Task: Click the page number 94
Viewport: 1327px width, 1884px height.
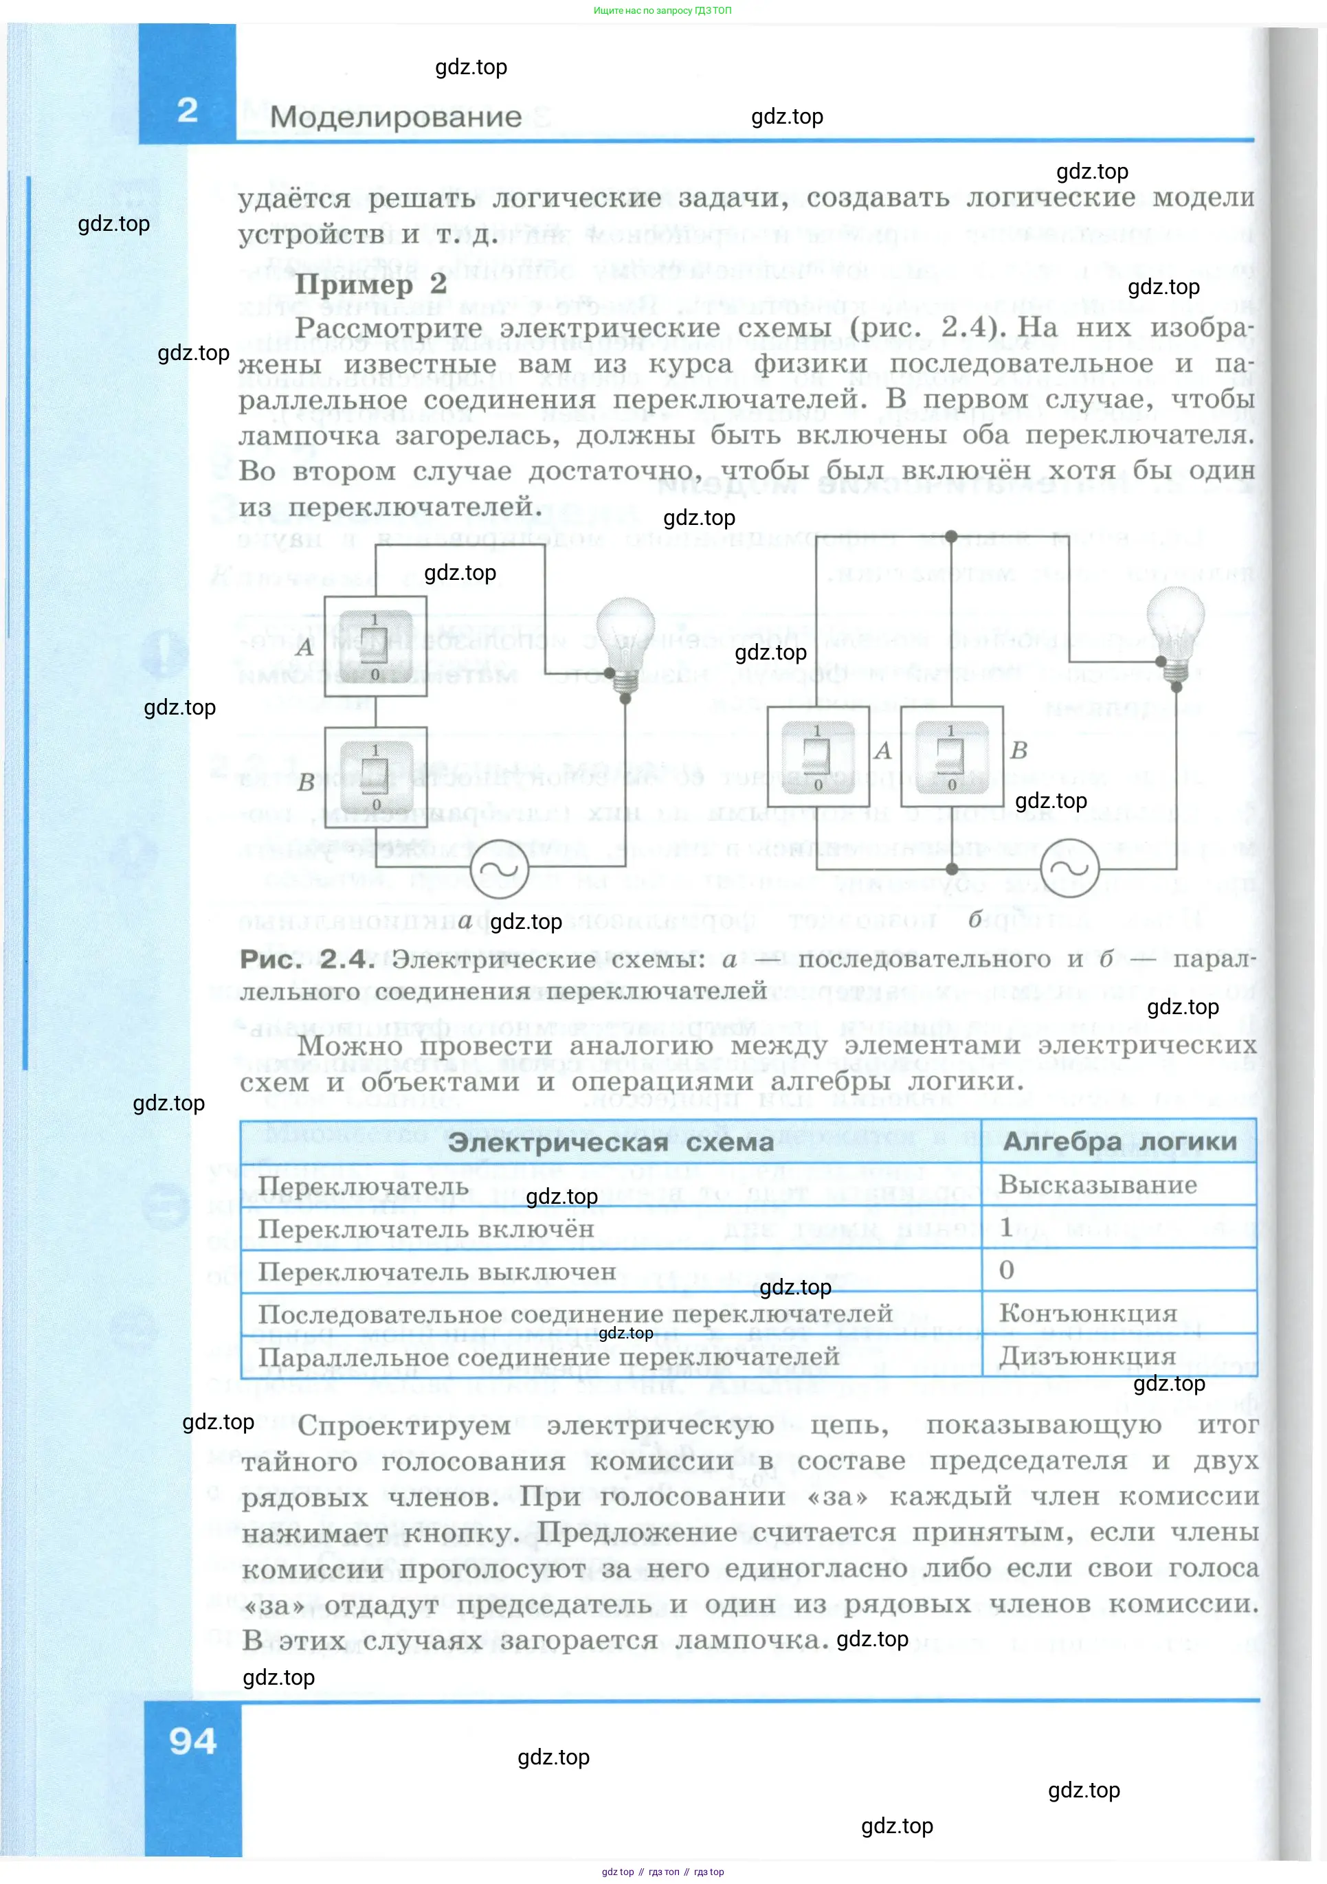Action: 193,1741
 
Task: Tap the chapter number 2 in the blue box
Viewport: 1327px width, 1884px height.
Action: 187,110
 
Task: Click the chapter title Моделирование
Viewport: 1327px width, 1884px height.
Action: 396,117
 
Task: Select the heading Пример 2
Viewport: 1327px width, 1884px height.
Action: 370,284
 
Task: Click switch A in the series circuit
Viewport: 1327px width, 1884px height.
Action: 375,647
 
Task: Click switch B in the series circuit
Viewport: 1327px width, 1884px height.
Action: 376,778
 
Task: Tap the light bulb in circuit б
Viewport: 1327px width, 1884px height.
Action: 1175,632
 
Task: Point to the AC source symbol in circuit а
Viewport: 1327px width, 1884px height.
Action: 499,868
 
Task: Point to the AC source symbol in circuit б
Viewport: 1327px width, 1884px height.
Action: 1069,868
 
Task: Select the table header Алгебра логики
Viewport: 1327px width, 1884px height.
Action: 1119,1141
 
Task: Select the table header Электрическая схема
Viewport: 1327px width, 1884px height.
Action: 610,1142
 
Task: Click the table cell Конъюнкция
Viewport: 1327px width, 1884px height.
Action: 1087,1314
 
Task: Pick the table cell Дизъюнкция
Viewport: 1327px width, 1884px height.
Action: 1086,1356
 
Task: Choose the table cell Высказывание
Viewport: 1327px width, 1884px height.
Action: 1097,1185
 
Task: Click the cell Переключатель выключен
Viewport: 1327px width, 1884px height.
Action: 436,1272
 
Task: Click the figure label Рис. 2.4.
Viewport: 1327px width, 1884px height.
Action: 307,959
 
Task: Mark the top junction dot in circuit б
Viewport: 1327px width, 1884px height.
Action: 951,537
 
